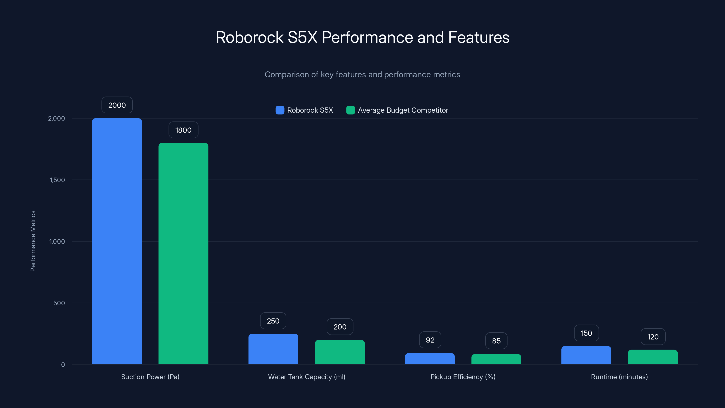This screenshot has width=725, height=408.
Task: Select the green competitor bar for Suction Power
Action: pyautogui.click(x=183, y=253)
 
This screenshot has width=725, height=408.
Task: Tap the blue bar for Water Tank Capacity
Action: pyautogui.click(x=273, y=349)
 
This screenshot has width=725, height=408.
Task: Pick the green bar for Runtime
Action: pyautogui.click(x=653, y=357)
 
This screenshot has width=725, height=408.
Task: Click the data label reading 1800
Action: pyautogui.click(x=183, y=130)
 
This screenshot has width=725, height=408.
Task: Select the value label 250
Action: pyautogui.click(x=273, y=321)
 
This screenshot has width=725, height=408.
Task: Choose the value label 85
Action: pyautogui.click(x=496, y=341)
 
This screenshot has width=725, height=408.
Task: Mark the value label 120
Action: pyautogui.click(x=653, y=337)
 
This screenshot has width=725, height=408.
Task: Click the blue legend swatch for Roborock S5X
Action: pyautogui.click(x=280, y=110)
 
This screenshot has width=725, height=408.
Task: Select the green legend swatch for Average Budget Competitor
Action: pyautogui.click(x=350, y=110)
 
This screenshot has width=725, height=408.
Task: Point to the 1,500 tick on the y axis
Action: pyautogui.click(x=57, y=180)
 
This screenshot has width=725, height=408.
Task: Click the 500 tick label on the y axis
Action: pyautogui.click(x=59, y=303)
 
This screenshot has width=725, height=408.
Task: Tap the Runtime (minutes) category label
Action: pyautogui.click(x=619, y=377)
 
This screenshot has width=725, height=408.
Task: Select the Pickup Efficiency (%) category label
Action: pyautogui.click(x=463, y=377)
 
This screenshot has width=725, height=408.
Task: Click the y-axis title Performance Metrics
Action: pyautogui.click(x=33, y=241)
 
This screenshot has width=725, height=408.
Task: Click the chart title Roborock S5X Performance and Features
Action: pyautogui.click(x=362, y=37)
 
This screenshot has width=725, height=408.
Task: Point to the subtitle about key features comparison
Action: pyautogui.click(x=362, y=75)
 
